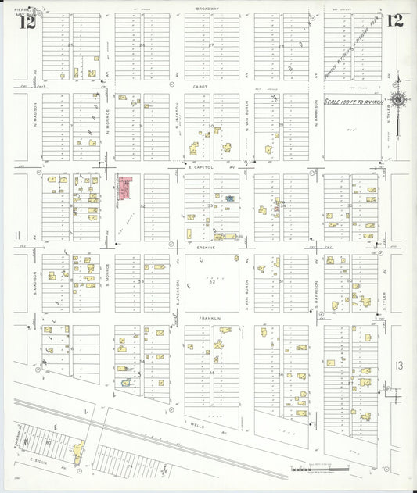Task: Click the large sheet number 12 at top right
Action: tap(394, 20)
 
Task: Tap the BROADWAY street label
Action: tap(208, 9)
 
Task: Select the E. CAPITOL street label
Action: tap(200, 166)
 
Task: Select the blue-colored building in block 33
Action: tap(230, 198)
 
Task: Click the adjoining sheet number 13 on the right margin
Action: tap(400, 365)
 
